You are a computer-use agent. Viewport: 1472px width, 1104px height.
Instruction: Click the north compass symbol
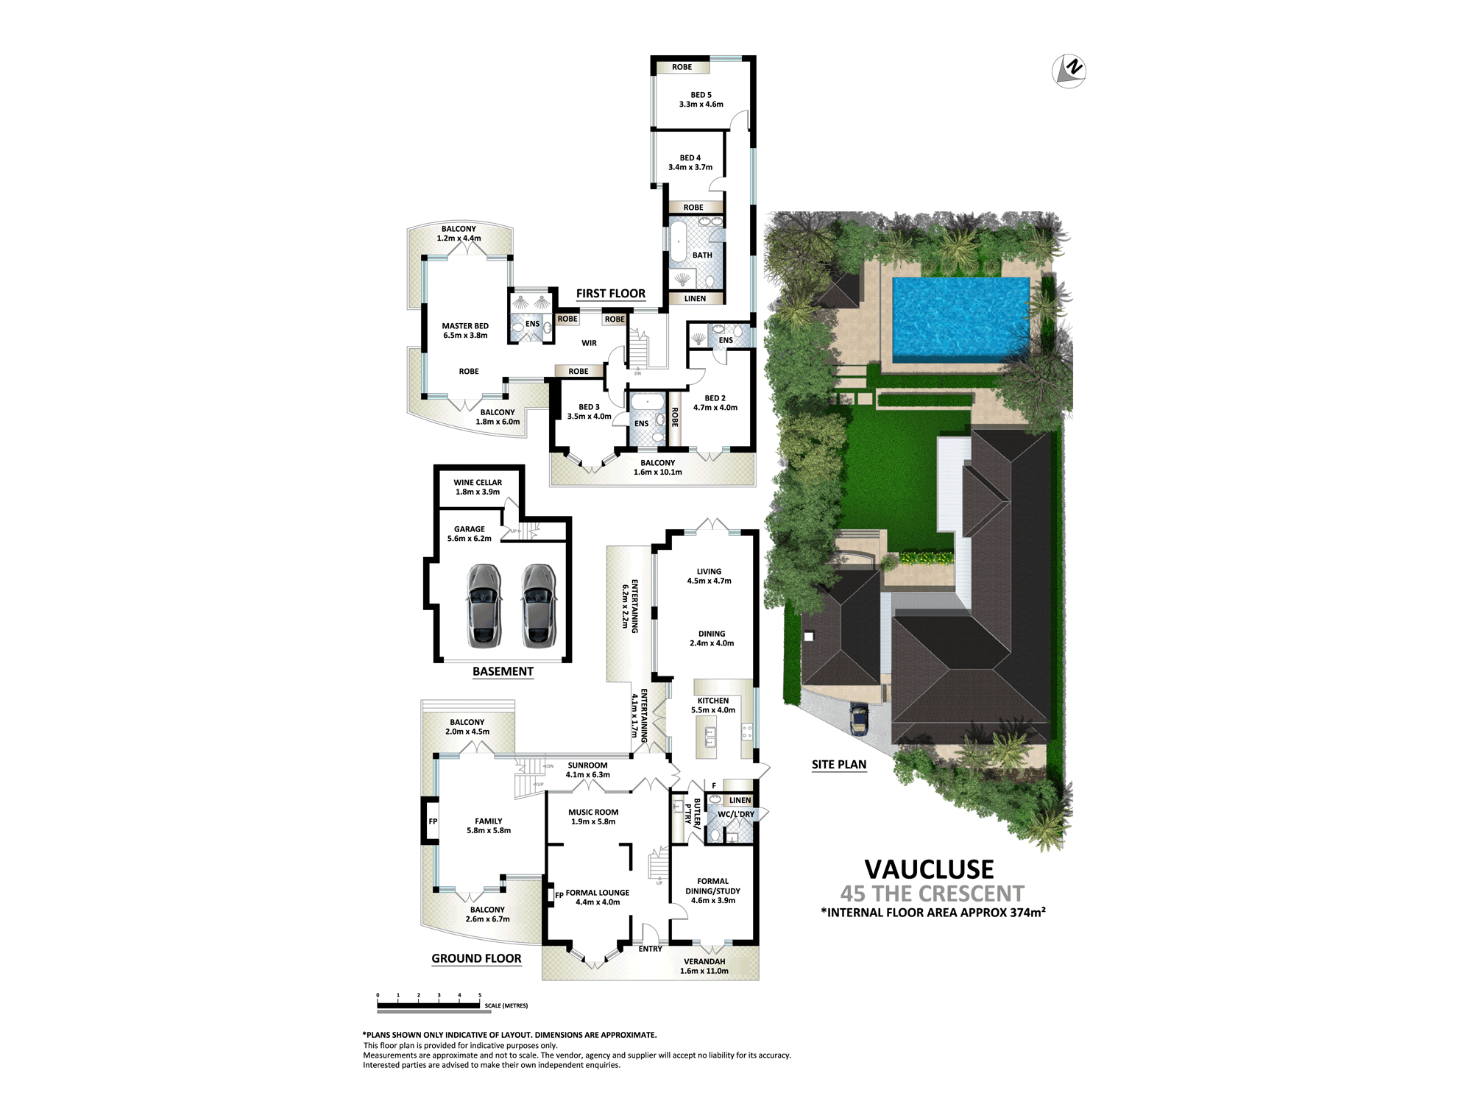coord(1070,71)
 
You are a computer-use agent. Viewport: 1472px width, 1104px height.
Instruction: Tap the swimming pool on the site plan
coord(960,316)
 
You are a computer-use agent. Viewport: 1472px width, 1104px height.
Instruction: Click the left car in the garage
coord(484,606)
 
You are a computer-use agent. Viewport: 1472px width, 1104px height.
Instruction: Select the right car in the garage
coord(538,606)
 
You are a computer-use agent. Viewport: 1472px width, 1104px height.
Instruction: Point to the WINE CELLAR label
coord(478,483)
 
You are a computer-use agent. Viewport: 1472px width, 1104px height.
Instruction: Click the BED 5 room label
coord(701,95)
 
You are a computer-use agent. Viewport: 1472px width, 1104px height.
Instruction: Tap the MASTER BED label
coord(465,326)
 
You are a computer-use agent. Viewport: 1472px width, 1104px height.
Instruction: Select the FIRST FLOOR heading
coord(610,294)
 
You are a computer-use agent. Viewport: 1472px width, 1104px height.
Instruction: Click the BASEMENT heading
coord(503,671)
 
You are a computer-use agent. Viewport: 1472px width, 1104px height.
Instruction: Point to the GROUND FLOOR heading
coord(476,958)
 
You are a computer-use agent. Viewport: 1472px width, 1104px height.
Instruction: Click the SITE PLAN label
coord(839,765)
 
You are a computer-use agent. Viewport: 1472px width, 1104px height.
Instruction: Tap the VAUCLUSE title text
coord(929,869)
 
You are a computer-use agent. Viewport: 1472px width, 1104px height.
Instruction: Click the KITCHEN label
coord(712,701)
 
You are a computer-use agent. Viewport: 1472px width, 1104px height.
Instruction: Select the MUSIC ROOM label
coord(593,813)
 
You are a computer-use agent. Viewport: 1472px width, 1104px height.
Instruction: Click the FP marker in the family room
coord(433,821)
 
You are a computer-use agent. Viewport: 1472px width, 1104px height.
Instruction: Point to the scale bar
coord(429,1005)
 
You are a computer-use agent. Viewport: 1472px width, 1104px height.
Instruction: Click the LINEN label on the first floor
coord(695,299)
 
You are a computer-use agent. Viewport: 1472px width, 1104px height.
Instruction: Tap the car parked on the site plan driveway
coord(859,718)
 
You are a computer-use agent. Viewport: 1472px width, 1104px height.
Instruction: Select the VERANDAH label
coord(704,961)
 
